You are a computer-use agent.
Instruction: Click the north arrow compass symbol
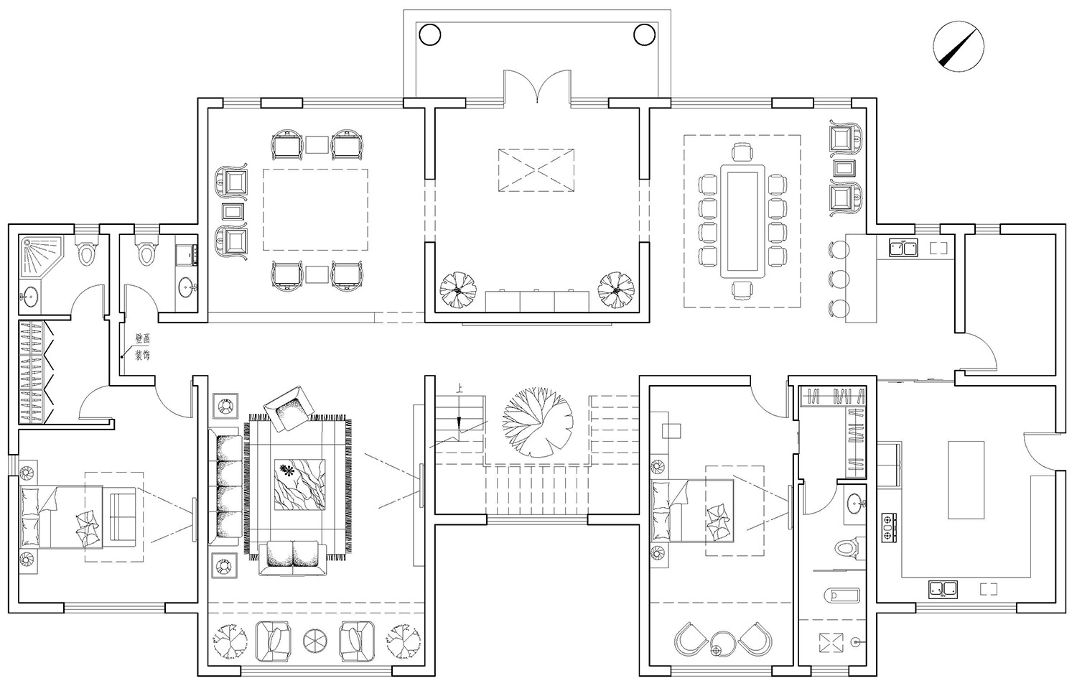tap(959, 47)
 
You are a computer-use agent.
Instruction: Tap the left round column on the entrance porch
tap(430, 34)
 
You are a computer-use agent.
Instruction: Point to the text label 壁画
tap(142, 338)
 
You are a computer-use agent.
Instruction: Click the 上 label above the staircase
tap(460, 388)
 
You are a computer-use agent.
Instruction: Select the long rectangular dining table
tap(742, 221)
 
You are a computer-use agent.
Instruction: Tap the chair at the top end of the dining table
tap(742, 152)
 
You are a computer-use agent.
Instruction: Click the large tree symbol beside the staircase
tap(538, 422)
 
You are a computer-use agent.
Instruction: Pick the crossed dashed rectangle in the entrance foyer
tap(536, 170)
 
